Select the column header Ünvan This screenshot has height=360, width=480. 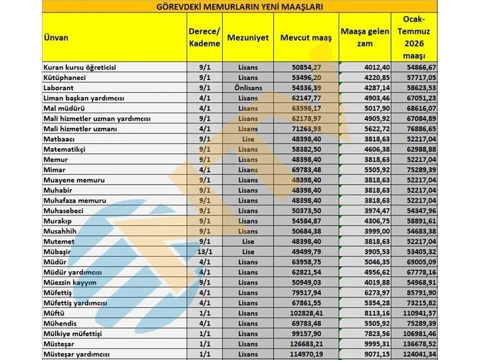pos(56,38)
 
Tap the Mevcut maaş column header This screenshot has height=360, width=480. pos(306,38)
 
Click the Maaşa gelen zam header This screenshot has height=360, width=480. pos(365,38)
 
